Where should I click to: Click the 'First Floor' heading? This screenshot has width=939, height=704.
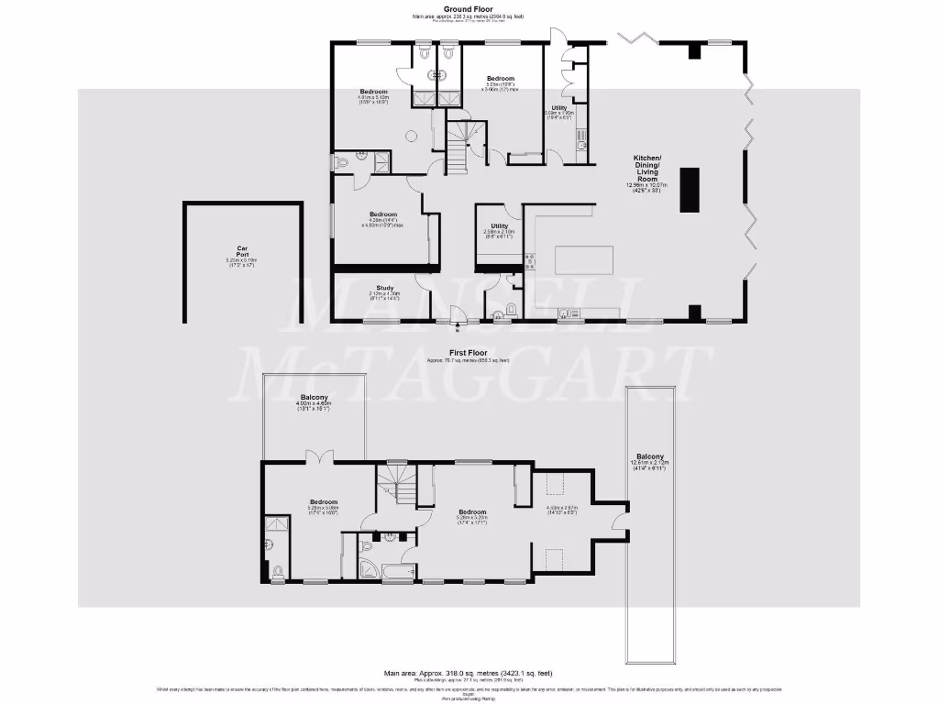469,352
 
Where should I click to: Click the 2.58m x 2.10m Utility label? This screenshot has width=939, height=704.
499,229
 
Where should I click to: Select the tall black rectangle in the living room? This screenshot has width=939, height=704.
689,190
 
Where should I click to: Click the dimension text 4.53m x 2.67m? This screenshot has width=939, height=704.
560,511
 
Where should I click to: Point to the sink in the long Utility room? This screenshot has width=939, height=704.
580,137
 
